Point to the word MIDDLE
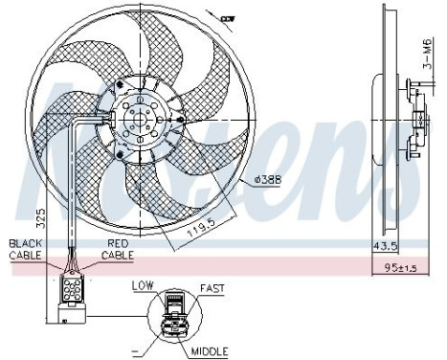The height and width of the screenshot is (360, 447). click(x=211, y=351)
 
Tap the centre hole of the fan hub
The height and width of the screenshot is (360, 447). click(x=145, y=121)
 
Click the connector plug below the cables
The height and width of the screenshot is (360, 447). click(x=69, y=287)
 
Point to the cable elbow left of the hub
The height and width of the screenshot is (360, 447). click(x=78, y=117)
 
